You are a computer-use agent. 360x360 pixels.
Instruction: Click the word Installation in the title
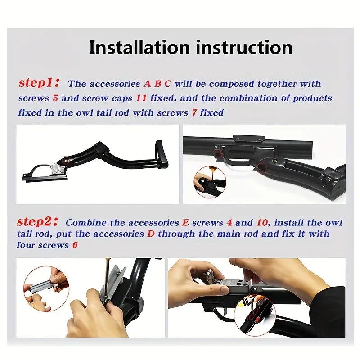139,47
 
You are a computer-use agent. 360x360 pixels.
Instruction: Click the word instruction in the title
244,47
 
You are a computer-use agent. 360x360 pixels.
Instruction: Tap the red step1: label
39,83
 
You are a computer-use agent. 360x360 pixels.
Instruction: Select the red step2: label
37,222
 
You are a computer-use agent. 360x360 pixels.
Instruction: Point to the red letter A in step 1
147,84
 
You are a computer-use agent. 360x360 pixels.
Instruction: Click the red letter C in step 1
168,84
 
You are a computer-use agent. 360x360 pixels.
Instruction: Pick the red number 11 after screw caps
141,98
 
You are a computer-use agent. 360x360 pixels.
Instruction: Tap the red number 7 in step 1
194,113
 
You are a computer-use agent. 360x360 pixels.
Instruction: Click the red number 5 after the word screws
55,98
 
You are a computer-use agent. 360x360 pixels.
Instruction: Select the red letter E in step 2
185,223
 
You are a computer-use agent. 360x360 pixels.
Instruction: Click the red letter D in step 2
151,234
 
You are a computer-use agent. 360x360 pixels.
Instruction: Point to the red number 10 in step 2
262,223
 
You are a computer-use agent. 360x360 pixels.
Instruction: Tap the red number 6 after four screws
75,245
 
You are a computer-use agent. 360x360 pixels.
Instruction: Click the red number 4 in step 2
229,223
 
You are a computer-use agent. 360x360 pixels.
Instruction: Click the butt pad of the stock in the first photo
162,154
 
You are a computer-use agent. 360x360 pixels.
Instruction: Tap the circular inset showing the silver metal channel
46,288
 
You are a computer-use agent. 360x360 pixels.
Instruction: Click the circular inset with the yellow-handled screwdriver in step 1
210,182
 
